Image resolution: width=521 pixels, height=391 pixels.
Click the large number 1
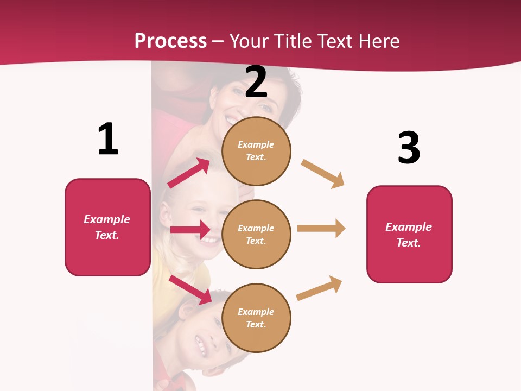coord(108,139)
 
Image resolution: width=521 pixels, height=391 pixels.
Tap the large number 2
coord(256,82)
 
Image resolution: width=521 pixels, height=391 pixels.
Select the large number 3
coord(409,148)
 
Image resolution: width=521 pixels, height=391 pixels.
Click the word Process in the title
coord(170,41)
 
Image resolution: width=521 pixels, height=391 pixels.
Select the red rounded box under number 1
coord(107,227)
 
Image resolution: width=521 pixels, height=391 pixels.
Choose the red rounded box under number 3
coord(409,235)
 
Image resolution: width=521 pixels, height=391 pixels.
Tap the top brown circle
coord(256,151)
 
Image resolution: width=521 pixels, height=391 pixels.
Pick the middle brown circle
coord(256,234)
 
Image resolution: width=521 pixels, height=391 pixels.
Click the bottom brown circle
coord(256,318)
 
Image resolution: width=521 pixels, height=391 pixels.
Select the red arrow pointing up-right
coord(189,173)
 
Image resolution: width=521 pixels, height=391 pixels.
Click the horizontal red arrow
coord(190,230)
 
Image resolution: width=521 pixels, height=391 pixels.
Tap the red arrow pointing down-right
coord(190,289)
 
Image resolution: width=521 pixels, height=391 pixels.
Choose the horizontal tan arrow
coord(321,229)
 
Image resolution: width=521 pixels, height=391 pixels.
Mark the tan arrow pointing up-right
coord(319,288)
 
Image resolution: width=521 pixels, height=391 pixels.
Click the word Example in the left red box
coord(107,219)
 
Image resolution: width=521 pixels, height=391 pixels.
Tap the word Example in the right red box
coord(409,227)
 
